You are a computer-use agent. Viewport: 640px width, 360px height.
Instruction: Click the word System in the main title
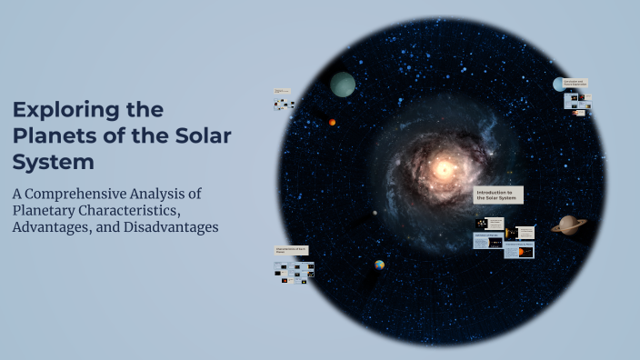coord(54,163)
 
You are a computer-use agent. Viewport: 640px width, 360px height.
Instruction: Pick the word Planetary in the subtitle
coord(46,210)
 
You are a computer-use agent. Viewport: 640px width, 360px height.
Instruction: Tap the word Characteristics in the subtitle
coord(131,210)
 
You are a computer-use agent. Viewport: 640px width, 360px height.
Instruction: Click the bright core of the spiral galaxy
coord(444,168)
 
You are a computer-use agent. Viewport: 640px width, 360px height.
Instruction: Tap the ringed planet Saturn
coord(569,224)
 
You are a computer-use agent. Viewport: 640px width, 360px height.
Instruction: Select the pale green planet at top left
coord(343,85)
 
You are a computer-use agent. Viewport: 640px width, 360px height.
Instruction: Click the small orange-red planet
coord(333,122)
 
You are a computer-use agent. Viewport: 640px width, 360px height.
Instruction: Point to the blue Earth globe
coord(379,265)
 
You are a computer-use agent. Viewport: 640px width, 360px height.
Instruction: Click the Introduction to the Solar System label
coord(498,195)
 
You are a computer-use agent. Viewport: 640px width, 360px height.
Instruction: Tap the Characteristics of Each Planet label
coord(291,249)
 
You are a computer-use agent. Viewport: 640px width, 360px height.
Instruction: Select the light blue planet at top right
coord(558,85)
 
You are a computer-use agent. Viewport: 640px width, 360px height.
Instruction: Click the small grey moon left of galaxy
coord(375,214)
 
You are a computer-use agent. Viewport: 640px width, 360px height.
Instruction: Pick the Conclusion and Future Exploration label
coord(575,83)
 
